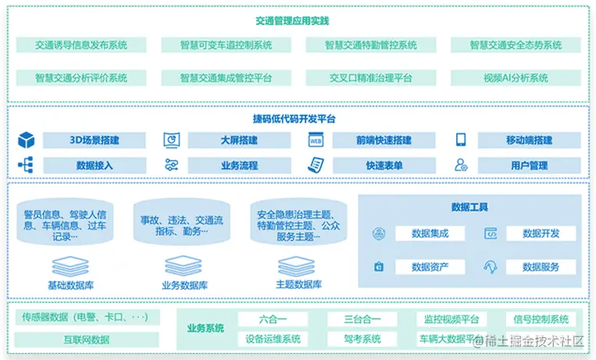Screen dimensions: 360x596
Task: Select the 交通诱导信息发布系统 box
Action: pos(81,45)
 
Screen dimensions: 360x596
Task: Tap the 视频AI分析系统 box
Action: pos(516,78)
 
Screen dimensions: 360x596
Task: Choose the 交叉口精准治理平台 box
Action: pos(371,78)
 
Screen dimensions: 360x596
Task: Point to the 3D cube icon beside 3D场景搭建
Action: pos(27,141)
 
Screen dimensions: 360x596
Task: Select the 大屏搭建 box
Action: pos(239,141)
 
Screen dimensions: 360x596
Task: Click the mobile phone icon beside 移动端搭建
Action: pos(461,141)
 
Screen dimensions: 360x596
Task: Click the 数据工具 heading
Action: pos(469,207)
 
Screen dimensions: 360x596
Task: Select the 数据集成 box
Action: pos(430,233)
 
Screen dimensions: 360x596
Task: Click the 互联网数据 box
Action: pos(87,340)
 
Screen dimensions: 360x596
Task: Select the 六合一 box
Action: pos(273,319)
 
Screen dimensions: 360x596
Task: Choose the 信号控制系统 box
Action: pos(541,319)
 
